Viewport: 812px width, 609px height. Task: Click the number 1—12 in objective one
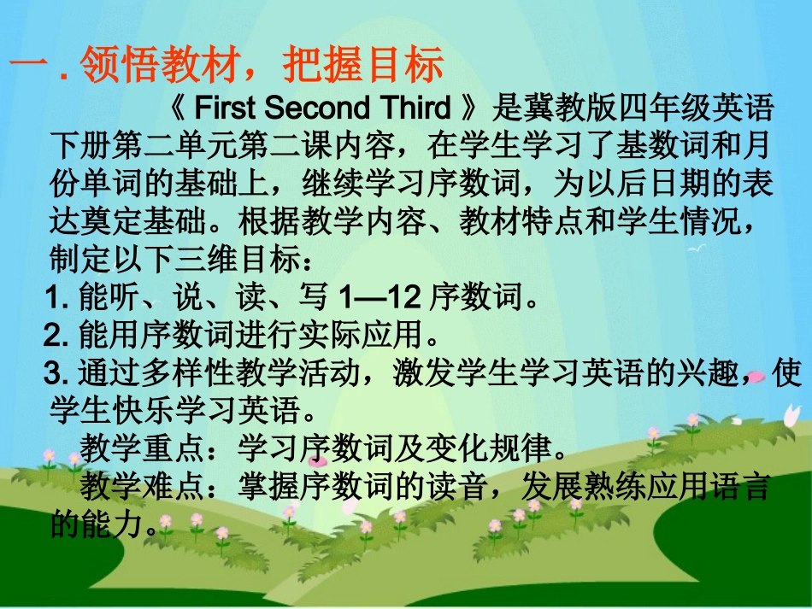pyautogui.click(x=379, y=298)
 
